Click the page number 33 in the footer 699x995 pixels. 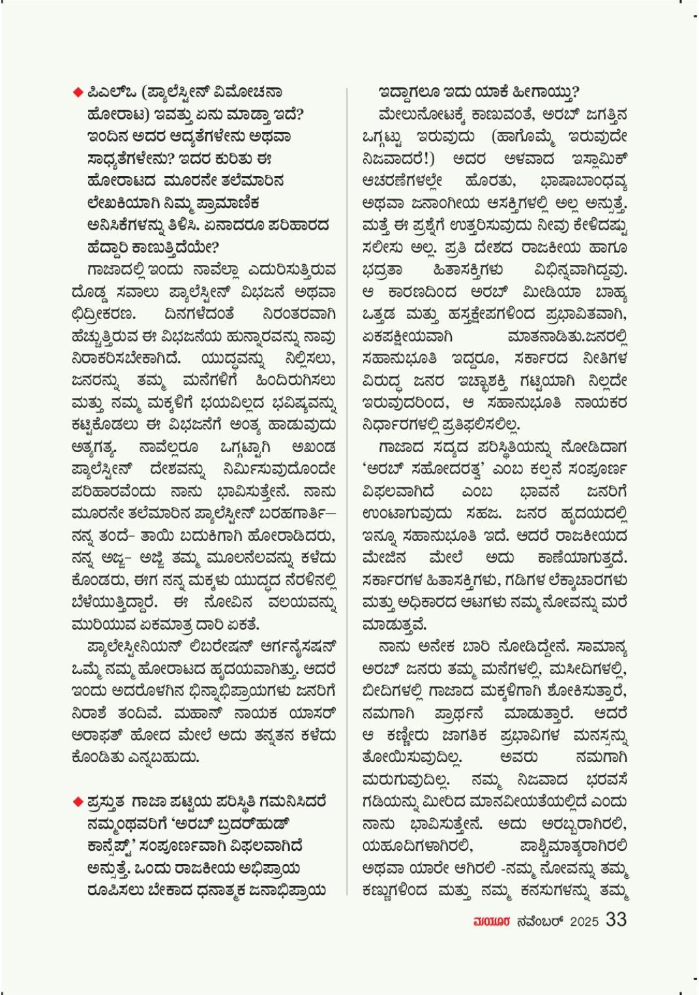click(x=616, y=919)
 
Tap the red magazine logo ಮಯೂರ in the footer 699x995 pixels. click(x=490, y=921)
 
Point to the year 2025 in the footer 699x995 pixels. click(x=584, y=921)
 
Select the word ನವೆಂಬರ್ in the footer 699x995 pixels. click(x=539, y=921)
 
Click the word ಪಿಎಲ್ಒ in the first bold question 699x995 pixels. click(x=108, y=92)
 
